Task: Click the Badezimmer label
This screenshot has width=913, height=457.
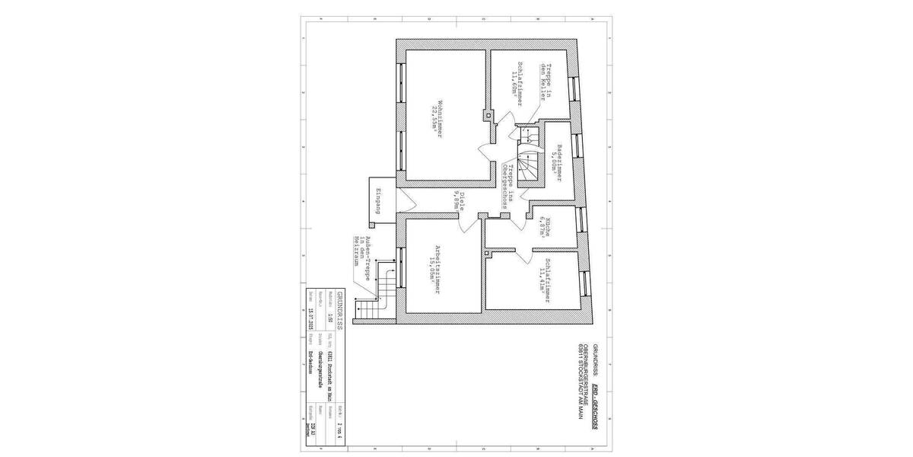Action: coord(559,158)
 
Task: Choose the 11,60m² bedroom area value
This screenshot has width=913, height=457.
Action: coord(514,84)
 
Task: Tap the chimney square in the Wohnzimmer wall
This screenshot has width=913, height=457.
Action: coord(488,116)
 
